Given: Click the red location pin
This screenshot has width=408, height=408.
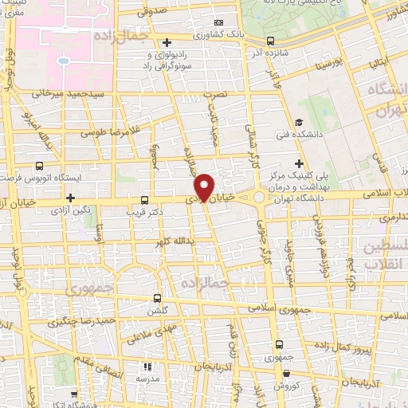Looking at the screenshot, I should click(206, 186).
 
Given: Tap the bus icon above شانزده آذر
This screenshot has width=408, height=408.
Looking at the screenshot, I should click(271, 41).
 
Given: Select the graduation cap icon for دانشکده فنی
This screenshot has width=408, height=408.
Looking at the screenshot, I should click(298, 123).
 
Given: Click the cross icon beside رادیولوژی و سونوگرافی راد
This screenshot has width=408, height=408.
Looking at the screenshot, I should click(166, 43).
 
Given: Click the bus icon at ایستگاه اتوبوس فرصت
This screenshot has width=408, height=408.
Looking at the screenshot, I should click(40, 167).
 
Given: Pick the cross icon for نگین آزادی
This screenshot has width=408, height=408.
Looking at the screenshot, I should click(71, 197).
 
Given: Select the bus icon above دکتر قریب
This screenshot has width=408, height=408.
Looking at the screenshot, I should click(144, 200).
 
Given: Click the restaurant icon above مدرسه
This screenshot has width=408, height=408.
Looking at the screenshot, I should click(147, 367).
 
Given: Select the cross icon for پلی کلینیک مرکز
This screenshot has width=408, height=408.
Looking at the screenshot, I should click(298, 163).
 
